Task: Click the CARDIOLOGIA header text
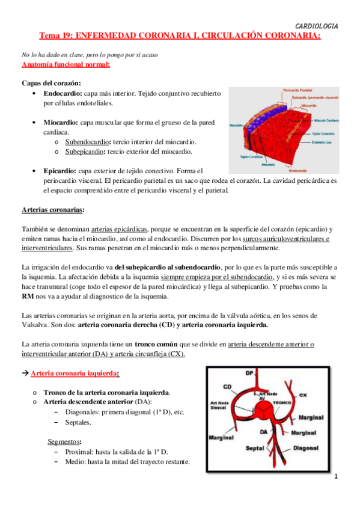click(x=317, y=26)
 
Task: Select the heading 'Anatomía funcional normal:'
click(x=66, y=64)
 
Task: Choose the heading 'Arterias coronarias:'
click(x=53, y=210)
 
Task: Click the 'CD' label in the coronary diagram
click(x=228, y=386)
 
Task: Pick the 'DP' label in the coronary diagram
click(x=249, y=373)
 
